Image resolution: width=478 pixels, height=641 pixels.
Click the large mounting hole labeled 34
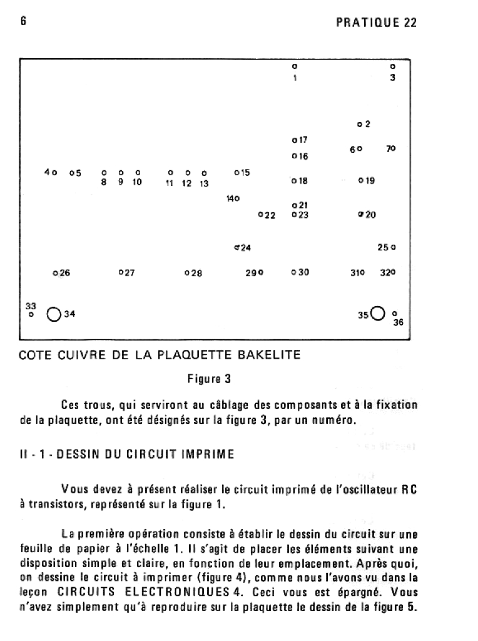tap(53, 314)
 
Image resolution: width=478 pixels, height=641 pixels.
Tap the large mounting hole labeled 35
tap(377, 312)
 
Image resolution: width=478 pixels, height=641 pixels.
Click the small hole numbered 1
tap(294, 66)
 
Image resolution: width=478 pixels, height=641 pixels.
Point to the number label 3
tap(392, 78)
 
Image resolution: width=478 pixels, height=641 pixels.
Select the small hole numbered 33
tap(31, 315)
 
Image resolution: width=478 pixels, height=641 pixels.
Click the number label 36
tap(399, 323)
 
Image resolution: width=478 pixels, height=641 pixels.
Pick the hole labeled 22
tap(261, 215)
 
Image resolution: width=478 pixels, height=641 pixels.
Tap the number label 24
tap(246, 248)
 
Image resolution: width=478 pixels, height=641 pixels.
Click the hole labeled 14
tap(237, 198)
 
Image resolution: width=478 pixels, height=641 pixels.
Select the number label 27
tap(130, 273)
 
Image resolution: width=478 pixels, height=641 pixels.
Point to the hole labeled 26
tap(55, 273)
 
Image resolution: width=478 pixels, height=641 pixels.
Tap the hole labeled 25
tap(394, 247)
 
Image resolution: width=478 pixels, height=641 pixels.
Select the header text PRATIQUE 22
tap(376, 23)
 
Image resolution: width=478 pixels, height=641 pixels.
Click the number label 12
tap(186, 183)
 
